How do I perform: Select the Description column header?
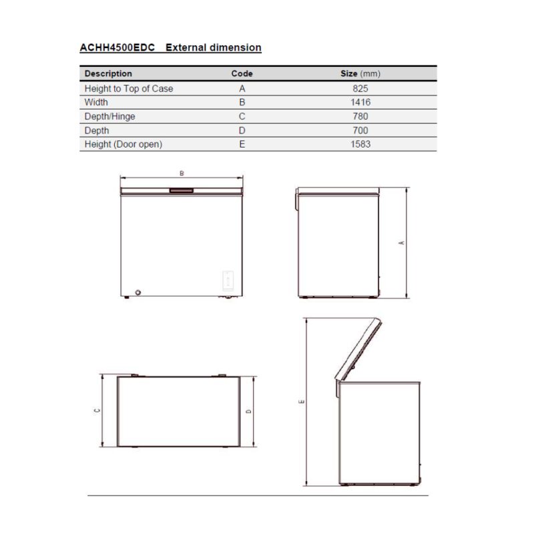click(108, 73)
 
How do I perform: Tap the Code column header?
click(242, 73)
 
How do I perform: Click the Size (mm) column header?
click(360, 73)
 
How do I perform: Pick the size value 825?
click(360, 88)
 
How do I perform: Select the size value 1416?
click(360, 102)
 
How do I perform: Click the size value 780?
click(360, 116)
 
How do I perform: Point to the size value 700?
click(360, 130)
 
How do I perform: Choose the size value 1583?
click(360, 144)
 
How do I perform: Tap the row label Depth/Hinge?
click(109, 116)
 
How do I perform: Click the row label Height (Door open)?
click(123, 144)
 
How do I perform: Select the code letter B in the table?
click(242, 102)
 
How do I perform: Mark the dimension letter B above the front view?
click(182, 173)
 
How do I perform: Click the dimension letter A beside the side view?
click(402, 243)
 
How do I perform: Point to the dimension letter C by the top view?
click(97, 411)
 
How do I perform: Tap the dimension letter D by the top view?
click(249, 411)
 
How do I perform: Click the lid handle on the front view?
click(181, 191)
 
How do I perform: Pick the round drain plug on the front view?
click(139, 292)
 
